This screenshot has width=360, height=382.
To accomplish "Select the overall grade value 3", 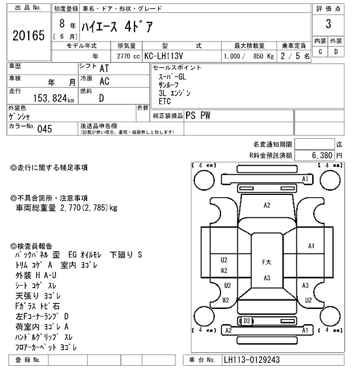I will tap(327, 25).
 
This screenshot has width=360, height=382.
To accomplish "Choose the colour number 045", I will tap(44, 129).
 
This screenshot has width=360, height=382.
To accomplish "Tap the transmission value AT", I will tap(104, 68).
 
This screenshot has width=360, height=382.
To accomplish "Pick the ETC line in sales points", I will tap(164, 101).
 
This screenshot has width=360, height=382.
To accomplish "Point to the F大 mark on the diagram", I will tap(267, 262).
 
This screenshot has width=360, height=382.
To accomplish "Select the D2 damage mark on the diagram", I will tap(246, 320).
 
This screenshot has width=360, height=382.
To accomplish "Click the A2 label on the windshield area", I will tap(267, 206).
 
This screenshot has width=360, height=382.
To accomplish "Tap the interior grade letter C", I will tap(320, 52).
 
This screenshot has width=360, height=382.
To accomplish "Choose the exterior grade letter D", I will tap(336, 52).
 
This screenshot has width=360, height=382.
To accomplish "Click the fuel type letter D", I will tap(101, 98).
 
